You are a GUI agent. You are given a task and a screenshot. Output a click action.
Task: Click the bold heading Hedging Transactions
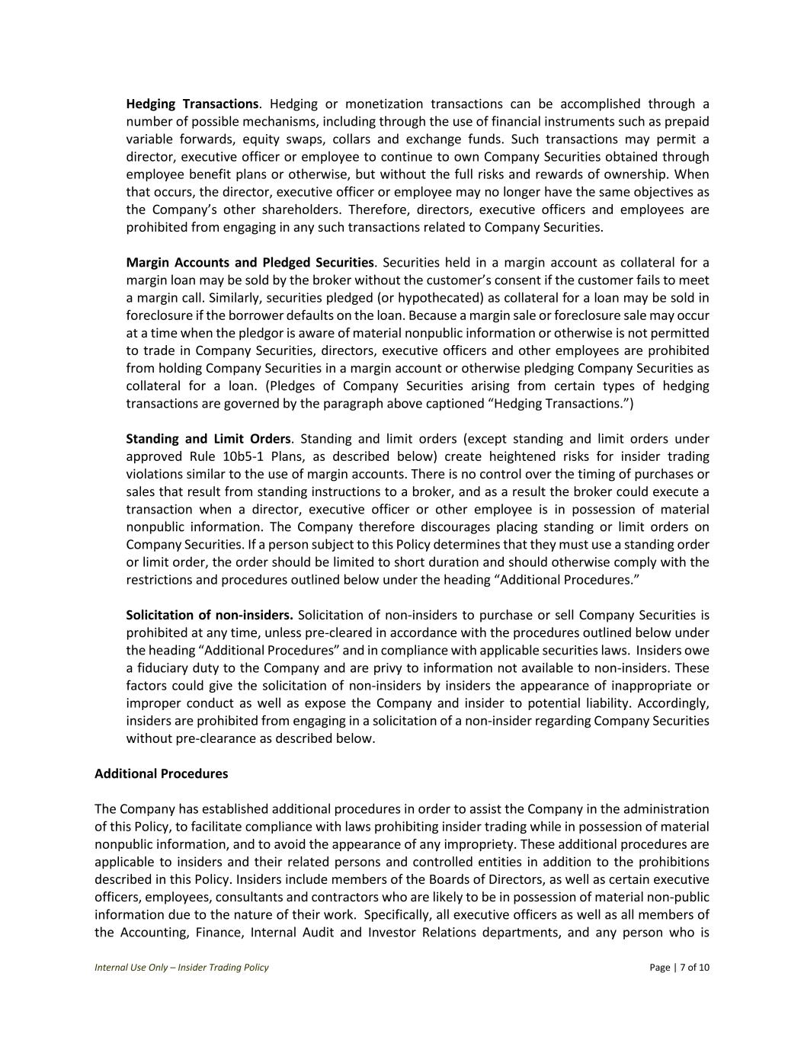click(x=192, y=104)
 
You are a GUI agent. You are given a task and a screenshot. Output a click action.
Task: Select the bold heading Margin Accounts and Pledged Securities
click(x=250, y=263)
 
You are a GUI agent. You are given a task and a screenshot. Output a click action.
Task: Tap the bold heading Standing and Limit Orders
click(x=208, y=439)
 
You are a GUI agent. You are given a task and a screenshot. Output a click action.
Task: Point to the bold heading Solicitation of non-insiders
click(x=210, y=615)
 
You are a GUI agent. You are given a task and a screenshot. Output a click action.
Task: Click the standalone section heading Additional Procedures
click(x=161, y=773)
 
